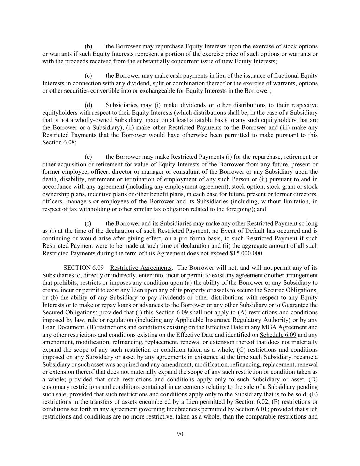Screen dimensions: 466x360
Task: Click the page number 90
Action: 180,434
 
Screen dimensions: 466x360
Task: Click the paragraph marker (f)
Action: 88,224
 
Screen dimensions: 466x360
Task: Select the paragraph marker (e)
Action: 88,157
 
